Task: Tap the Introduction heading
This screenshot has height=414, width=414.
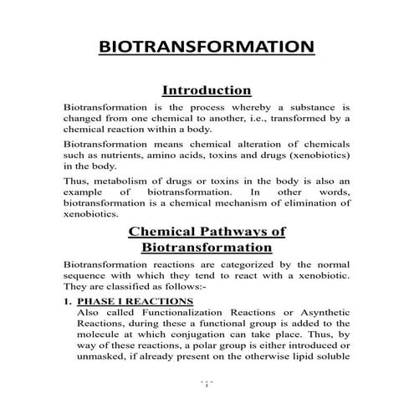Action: coord(207,89)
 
